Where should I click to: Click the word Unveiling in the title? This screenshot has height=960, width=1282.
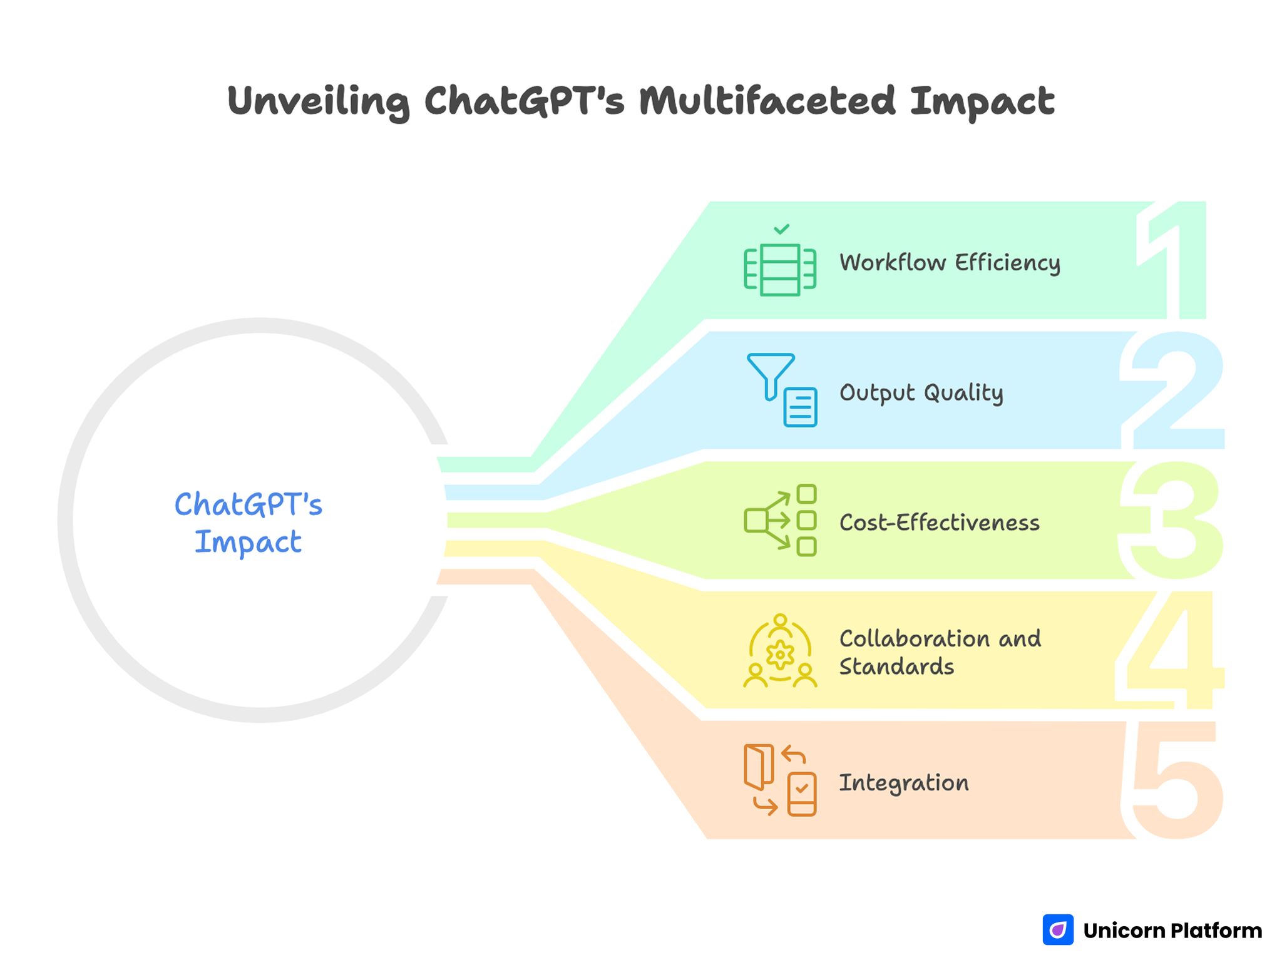click(x=318, y=101)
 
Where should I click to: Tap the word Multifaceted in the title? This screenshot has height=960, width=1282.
click(x=767, y=101)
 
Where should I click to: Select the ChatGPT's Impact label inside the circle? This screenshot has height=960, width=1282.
click(x=249, y=523)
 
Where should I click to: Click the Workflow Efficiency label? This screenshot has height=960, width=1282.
click(x=950, y=263)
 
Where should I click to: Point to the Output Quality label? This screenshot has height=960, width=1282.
click(x=921, y=393)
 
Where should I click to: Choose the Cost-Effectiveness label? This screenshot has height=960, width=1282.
click(x=939, y=523)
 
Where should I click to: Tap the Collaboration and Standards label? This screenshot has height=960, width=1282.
click(x=940, y=653)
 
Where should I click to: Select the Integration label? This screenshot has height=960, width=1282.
click(x=903, y=783)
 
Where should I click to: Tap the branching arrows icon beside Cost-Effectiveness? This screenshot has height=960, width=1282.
click(x=780, y=520)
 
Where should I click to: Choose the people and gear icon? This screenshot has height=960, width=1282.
click(x=780, y=651)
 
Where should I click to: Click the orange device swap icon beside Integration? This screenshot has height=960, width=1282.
click(x=780, y=780)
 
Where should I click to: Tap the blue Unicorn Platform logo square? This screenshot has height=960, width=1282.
click(x=1058, y=930)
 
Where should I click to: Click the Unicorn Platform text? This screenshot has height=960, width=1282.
click(x=1172, y=931)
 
